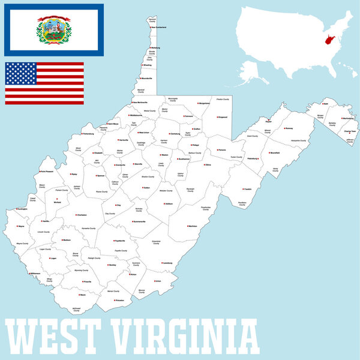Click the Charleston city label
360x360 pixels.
[x=81, y=215]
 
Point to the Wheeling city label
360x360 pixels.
[x=155, y=65]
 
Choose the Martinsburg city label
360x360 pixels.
[x=347, y=118]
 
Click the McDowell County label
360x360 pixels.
[x=76, y=310]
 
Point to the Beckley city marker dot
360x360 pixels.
[x=106, y=265]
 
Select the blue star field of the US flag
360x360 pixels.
[x=21, y=74]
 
